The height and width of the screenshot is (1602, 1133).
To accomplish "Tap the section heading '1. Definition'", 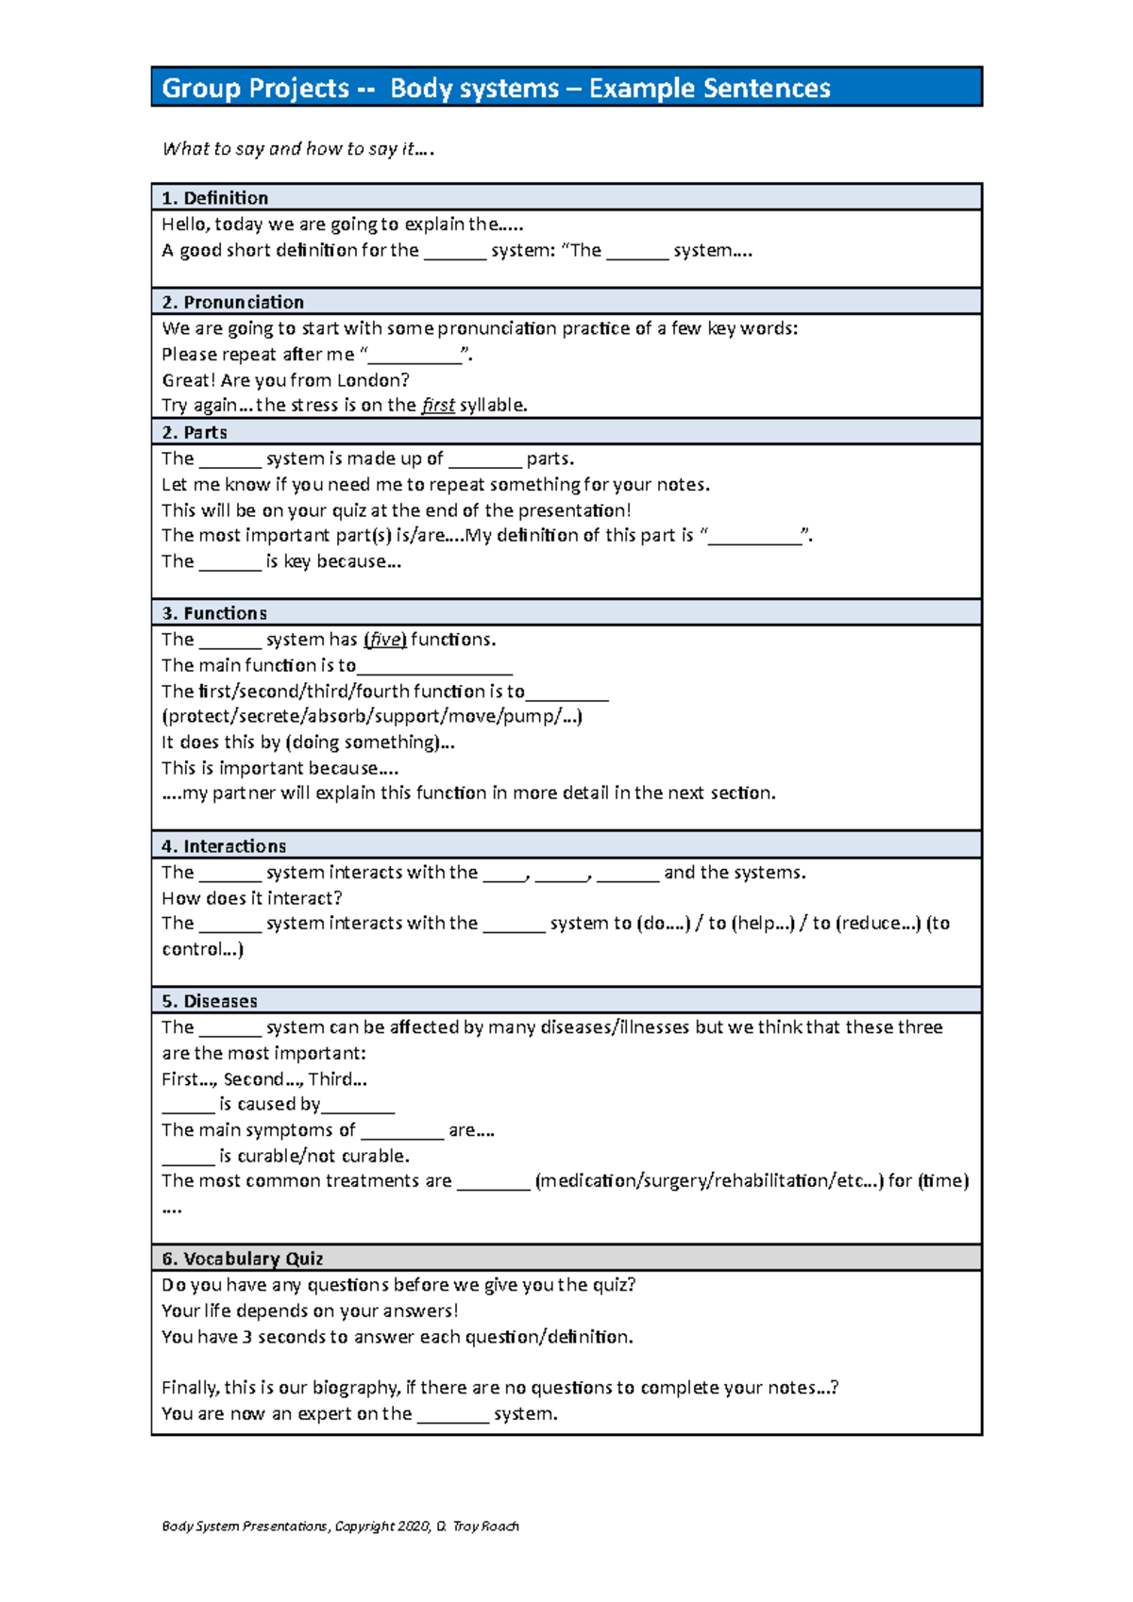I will pos(214,198).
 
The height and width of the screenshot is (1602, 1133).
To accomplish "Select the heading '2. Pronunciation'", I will pos(232,302).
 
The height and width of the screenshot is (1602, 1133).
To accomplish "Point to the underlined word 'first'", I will pos(438,406).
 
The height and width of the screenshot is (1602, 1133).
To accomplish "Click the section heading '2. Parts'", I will pos(194,432).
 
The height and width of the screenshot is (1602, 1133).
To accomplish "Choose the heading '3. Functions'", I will pos(214,613).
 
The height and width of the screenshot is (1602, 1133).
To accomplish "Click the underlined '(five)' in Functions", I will pos(385,640).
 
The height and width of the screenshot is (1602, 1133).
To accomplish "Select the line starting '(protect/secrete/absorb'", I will pos(372,716).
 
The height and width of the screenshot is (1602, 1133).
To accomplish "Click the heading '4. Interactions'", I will pos(224,846).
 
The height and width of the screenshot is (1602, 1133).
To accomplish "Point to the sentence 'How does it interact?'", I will pos(252,898).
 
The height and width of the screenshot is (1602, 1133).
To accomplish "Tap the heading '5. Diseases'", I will pos(210,1001).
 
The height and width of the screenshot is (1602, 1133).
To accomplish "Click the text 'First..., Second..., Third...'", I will pos(264,1079).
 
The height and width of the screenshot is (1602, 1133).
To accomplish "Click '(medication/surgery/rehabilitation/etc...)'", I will pos(708,1181).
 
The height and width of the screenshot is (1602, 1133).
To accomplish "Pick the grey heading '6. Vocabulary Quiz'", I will pos(243,1259).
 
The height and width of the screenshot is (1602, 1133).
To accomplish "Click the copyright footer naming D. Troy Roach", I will pos(340,1527).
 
